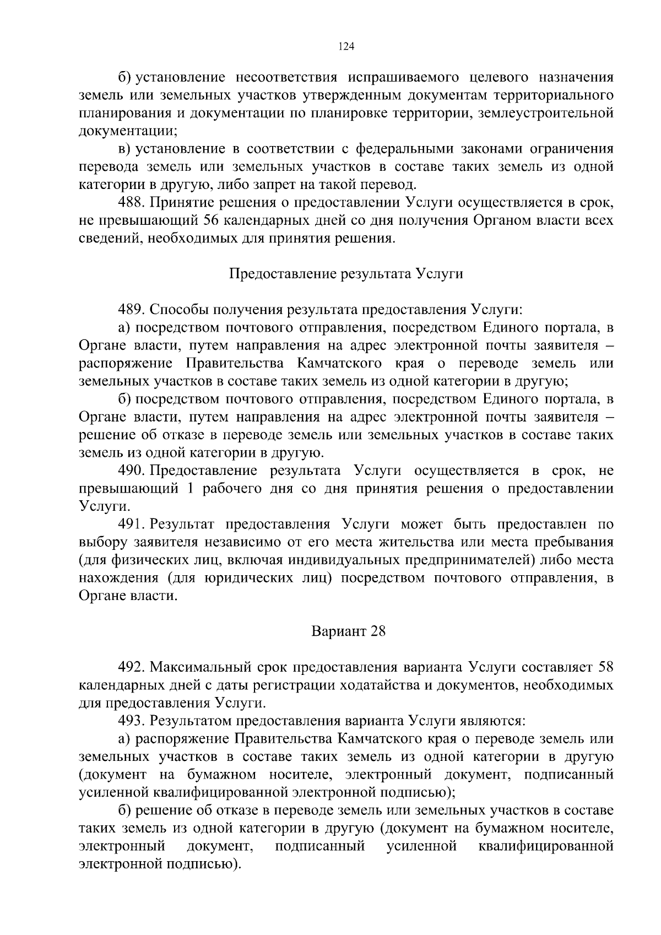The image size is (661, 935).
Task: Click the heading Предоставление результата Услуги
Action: click(x=345, y=274)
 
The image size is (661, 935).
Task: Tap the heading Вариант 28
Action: click(x=348, y=631)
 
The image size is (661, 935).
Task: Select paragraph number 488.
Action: click(x=131, y=202)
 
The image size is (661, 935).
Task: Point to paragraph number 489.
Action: click(x=131, y=310)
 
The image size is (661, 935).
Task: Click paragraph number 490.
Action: click(x=131, y=471)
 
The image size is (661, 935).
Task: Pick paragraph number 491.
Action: click(x=131, y=524)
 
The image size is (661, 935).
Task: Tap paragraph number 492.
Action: click(x=131, y=667)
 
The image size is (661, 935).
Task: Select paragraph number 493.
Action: click(x=131, y=721)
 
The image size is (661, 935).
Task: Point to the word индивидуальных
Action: click(x=354, y=560)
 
